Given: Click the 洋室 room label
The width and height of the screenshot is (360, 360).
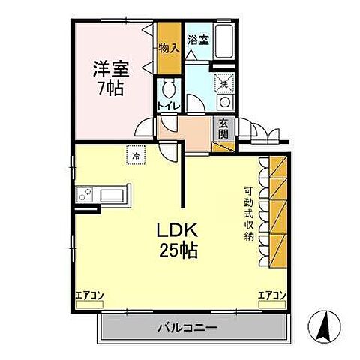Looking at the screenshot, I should click(110, 69).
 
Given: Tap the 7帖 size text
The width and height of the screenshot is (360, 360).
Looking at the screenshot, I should click(110, 88).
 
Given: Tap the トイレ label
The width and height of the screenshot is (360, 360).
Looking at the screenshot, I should click(167, 105).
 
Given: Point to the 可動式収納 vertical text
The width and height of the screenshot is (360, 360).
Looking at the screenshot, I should click(248, 214).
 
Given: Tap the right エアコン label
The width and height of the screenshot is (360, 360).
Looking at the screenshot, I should click(271, 295).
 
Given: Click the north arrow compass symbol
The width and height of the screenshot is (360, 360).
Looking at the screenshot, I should click(324, 327).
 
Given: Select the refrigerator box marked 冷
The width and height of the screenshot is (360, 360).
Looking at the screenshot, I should click(136, 155).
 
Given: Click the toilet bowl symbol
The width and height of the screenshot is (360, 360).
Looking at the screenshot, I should click(169, 84).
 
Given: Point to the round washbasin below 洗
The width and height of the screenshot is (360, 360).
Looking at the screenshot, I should click(224, 101).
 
